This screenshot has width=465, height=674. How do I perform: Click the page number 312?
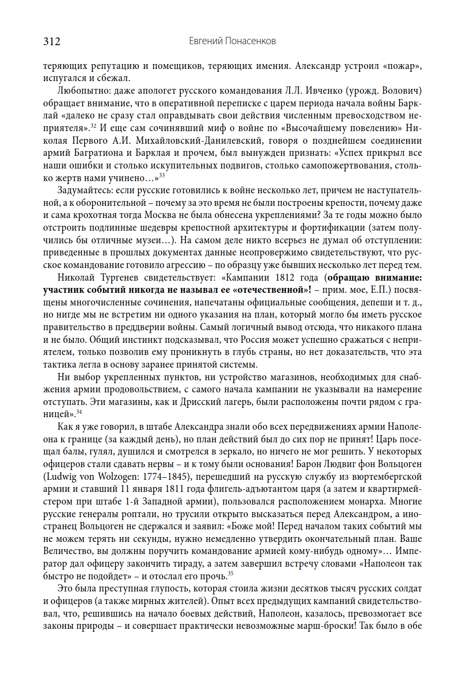pyautogui.click(x=52, y=42)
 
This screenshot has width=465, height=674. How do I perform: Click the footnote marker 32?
pyautogui.click(x=93, y=126)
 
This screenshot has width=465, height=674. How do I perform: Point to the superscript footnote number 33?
pyautogui.click(x=162, y=175)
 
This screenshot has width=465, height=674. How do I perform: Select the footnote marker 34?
pyautogui.click(x=79, y=412)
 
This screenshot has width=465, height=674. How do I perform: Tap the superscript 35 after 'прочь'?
pyautogui.click(x=230, y=573)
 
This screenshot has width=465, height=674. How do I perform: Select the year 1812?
pyautogui.click(x=285, y=278)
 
